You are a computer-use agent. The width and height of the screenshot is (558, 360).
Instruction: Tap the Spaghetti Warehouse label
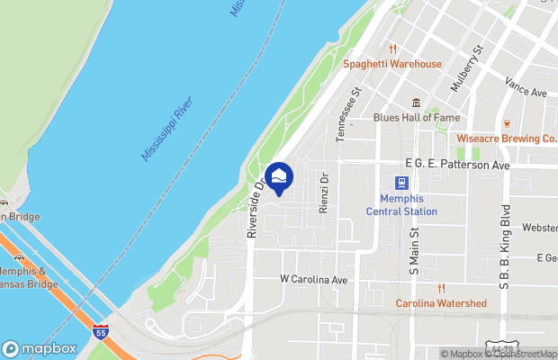(x=392, y=64)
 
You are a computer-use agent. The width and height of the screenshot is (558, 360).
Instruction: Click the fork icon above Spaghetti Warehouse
(x=392, y=49)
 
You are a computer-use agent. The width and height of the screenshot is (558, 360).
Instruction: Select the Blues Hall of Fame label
(x=416, y=117)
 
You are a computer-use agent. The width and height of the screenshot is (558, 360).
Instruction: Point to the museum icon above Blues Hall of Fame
(x=416, y=102)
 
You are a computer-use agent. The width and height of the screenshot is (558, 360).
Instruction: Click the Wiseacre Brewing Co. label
(x=507, y=139)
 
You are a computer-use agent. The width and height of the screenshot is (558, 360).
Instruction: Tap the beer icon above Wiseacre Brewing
(x=507, y=123)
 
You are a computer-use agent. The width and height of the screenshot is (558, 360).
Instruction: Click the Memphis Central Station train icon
(x=401, y=184)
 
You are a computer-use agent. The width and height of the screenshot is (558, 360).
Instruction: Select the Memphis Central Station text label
(x=401, y=205)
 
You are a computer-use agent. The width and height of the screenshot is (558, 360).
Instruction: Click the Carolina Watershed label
(x=441, y=303)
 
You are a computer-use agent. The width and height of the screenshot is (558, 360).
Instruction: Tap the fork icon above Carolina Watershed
(x=441, y=288)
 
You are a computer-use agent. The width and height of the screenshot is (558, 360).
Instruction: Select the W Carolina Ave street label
(x=313, y=280)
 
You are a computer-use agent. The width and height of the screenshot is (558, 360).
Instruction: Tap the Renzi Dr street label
(x=323, y=193)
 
